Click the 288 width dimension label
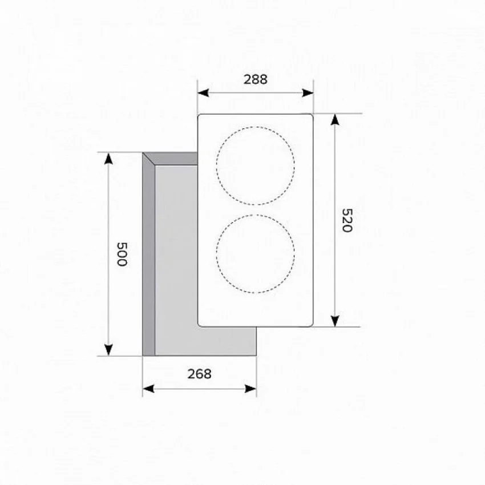point(255,79)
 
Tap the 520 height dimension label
point(347,220)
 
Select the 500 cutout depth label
point(122,254)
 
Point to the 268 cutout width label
point(200,374)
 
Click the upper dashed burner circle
point(216,166)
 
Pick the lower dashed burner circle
point(216,254)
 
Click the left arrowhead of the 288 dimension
point(203,93)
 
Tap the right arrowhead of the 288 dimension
point(308,93)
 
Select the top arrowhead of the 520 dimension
point(335,119)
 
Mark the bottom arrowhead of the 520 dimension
point(335,321)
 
